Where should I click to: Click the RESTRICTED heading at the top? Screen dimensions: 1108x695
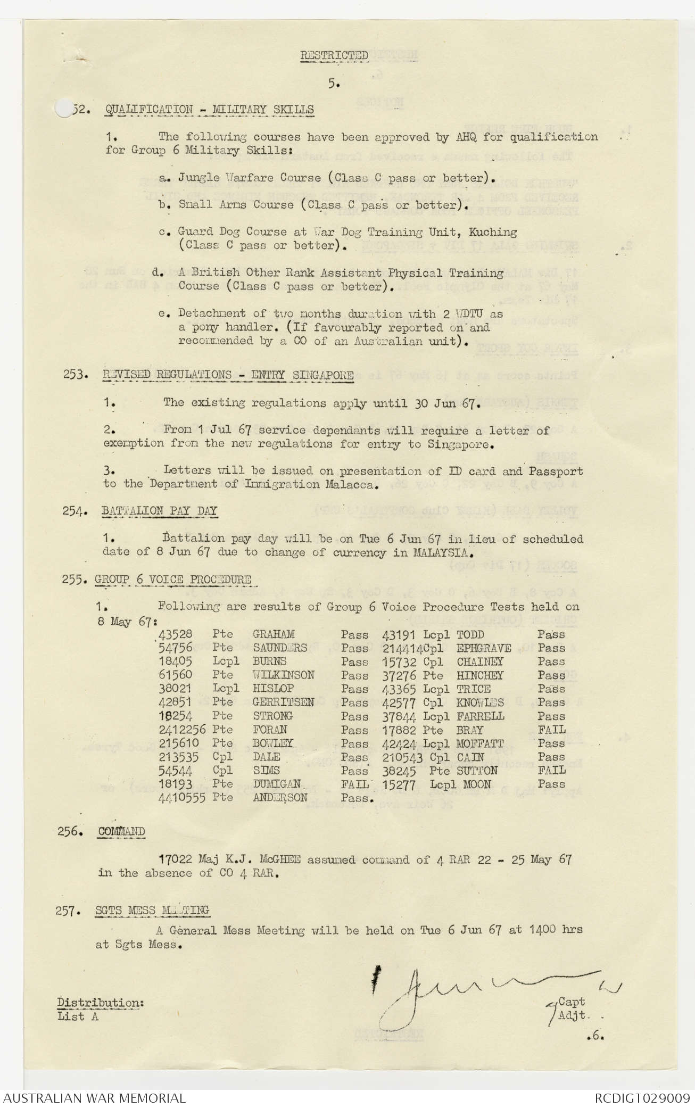[x=334, y=55]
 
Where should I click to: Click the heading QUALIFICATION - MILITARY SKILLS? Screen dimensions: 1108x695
[x=209, y=110]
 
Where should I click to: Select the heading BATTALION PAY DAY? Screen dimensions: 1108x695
[x=160, y=511]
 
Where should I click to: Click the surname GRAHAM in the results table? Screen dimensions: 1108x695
[x=274, y=634]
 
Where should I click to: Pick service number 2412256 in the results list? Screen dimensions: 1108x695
[x=182, y=730]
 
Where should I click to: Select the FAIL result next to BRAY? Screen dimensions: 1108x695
[x=551, y=730]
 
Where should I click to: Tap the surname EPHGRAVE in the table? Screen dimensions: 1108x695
[x=484, y=648]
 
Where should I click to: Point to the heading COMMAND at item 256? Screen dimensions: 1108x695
[x=121, y=831]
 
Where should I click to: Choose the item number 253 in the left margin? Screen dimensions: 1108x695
[x=75, y=375]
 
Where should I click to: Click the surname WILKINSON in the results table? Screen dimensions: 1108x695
[x=283, y=675]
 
